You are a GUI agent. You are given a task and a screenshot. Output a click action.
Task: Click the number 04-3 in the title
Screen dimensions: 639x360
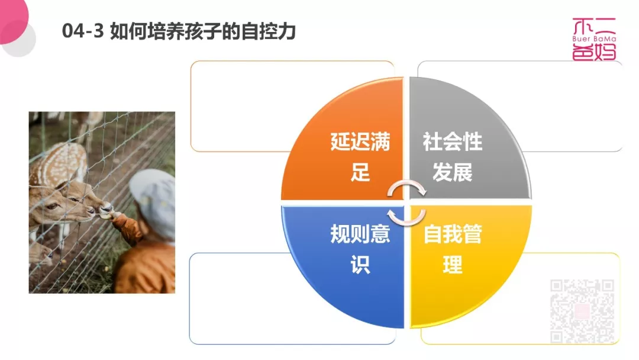tap(83, 31)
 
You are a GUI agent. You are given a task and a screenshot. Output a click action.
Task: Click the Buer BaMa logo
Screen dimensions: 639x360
tap(594, 39)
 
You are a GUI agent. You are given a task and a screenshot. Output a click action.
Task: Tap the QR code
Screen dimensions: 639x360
tap(582, 311)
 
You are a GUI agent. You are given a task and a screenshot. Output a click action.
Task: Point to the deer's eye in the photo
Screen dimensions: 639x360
tap(52, 206)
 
